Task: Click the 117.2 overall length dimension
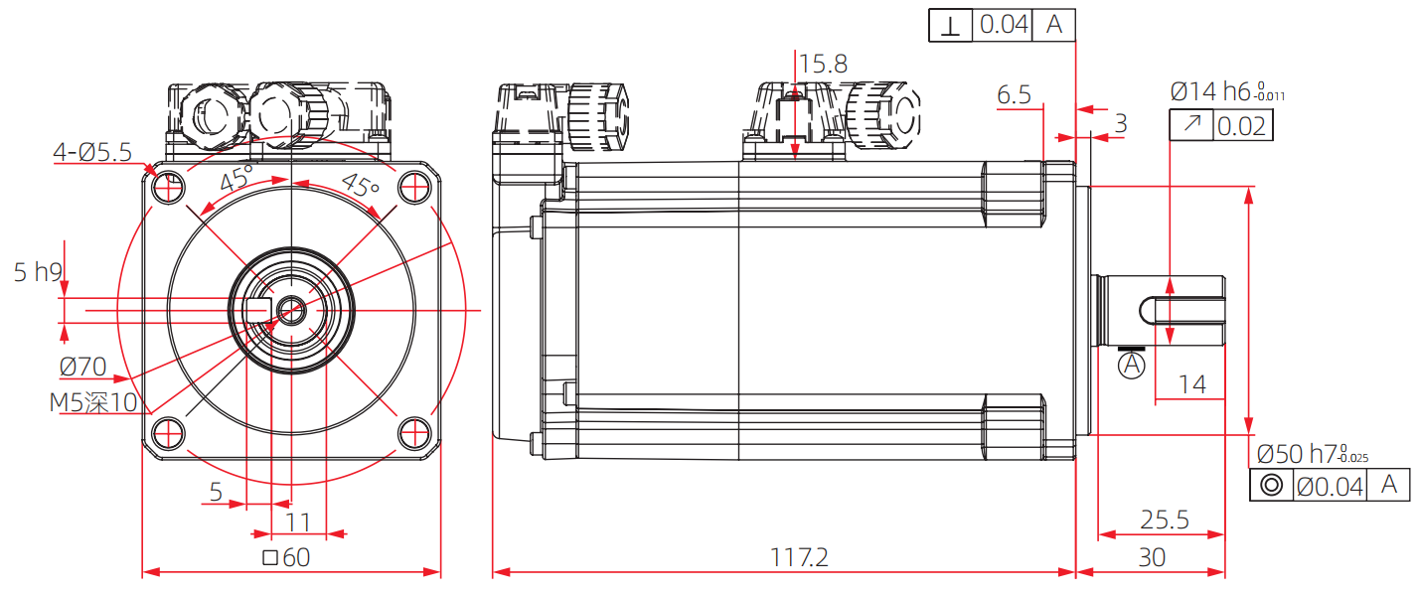click(799, 557)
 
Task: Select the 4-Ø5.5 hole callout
click(92, 152)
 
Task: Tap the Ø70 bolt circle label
click(82, 367)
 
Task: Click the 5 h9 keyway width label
click(39, 272)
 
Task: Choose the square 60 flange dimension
click(286, 557)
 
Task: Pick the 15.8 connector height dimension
click(823, 65)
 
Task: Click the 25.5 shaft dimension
click(1165, 520)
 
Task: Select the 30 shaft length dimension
click(1151, 557)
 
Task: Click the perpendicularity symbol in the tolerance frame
click(951, 26)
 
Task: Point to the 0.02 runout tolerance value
click(1241, 126)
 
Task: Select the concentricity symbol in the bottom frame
click(1269, 486)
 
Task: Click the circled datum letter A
click(1131, 367)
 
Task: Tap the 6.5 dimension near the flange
click(1014, 95)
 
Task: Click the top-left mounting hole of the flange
click(168, 186)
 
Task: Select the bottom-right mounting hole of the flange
click(414, 432)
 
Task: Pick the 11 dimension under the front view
click(298, 520)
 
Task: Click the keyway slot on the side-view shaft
click(1182, 309)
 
